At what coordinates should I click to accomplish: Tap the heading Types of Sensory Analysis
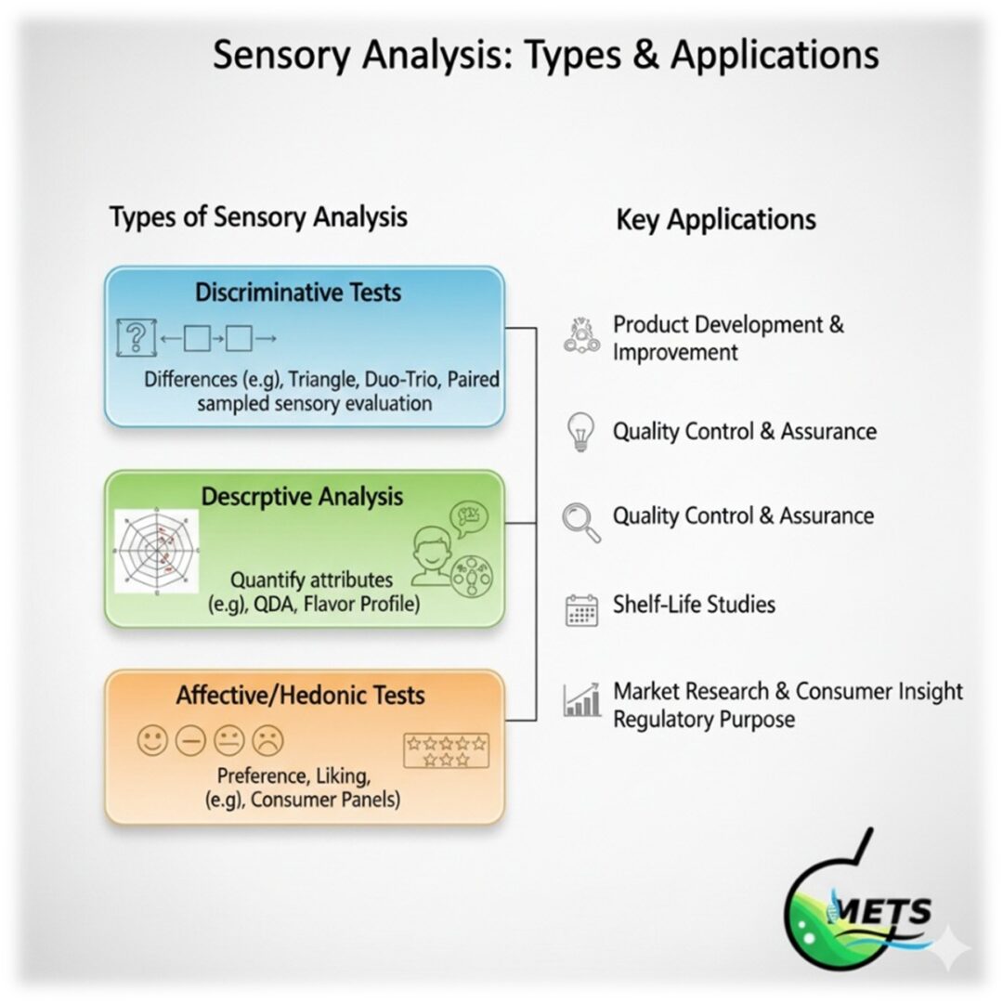[258, 217]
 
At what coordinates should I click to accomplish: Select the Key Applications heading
[716, 220]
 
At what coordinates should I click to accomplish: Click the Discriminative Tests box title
[298, 293]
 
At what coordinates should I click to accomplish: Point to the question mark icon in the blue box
[136, 337]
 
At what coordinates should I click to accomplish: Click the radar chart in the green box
[157, 552]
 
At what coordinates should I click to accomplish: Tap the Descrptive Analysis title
[302, 497]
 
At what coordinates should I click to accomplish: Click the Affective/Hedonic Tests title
[300, 695]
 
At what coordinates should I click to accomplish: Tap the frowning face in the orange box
[268, 740]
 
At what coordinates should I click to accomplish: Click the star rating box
[446, 750]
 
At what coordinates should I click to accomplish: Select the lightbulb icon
[579, 432]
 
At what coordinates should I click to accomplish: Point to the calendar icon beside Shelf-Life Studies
[581, 609]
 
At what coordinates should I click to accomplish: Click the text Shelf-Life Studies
[693, 605]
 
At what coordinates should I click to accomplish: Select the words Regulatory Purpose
[703, 720]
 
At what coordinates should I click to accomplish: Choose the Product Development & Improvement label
[727, 338]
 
